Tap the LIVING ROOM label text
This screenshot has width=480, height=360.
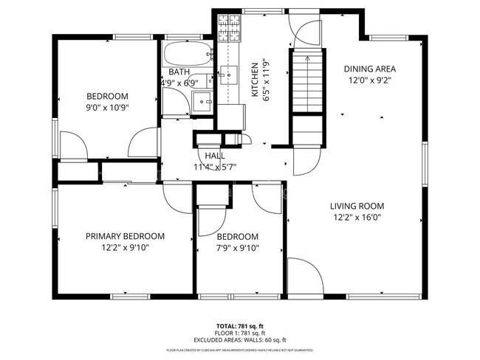coord(358,206)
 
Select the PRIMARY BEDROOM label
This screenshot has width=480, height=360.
coord(125,236)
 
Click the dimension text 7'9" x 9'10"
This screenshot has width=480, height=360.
coord(238,248)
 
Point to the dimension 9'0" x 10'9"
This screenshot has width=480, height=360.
coord(108,108)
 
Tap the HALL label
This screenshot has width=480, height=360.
coord(215,156)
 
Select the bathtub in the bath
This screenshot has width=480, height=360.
coord(187,54)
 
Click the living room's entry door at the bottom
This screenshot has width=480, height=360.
coord(304,274)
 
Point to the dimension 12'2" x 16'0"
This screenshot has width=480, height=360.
coord(358,218)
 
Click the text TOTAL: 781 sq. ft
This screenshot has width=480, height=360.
coord(240,325)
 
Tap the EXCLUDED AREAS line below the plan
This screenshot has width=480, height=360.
coord(240,340)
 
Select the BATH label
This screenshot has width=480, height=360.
coord(179,72)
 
